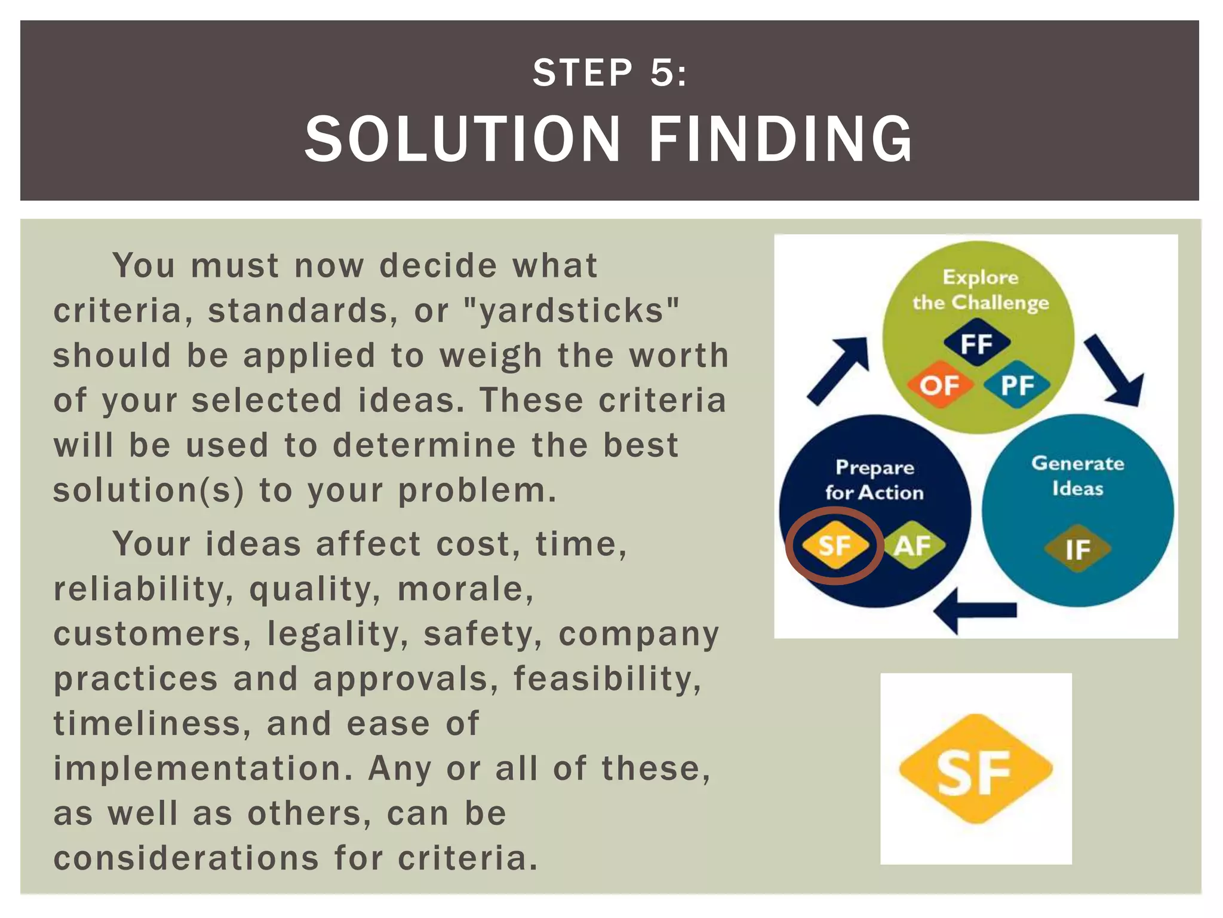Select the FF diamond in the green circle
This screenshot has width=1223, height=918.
pos(976,343)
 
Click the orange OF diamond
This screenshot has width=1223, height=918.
pos(939,385)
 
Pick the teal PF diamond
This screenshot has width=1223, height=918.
pos(1017,385)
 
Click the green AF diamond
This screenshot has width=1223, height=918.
pos(912,545)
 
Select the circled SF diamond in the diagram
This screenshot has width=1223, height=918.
pos(834,545)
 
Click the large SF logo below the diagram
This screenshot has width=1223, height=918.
pos(975,769)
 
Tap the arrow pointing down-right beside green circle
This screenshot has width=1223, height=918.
pos(1114,371)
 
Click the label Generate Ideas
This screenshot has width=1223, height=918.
pos(1077,476)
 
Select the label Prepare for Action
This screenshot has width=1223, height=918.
pos(874,479)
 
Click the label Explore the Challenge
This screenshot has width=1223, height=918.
pos(980,290)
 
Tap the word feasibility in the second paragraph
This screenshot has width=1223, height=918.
pos(607,679)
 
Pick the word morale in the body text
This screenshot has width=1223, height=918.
pos(465,589)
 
